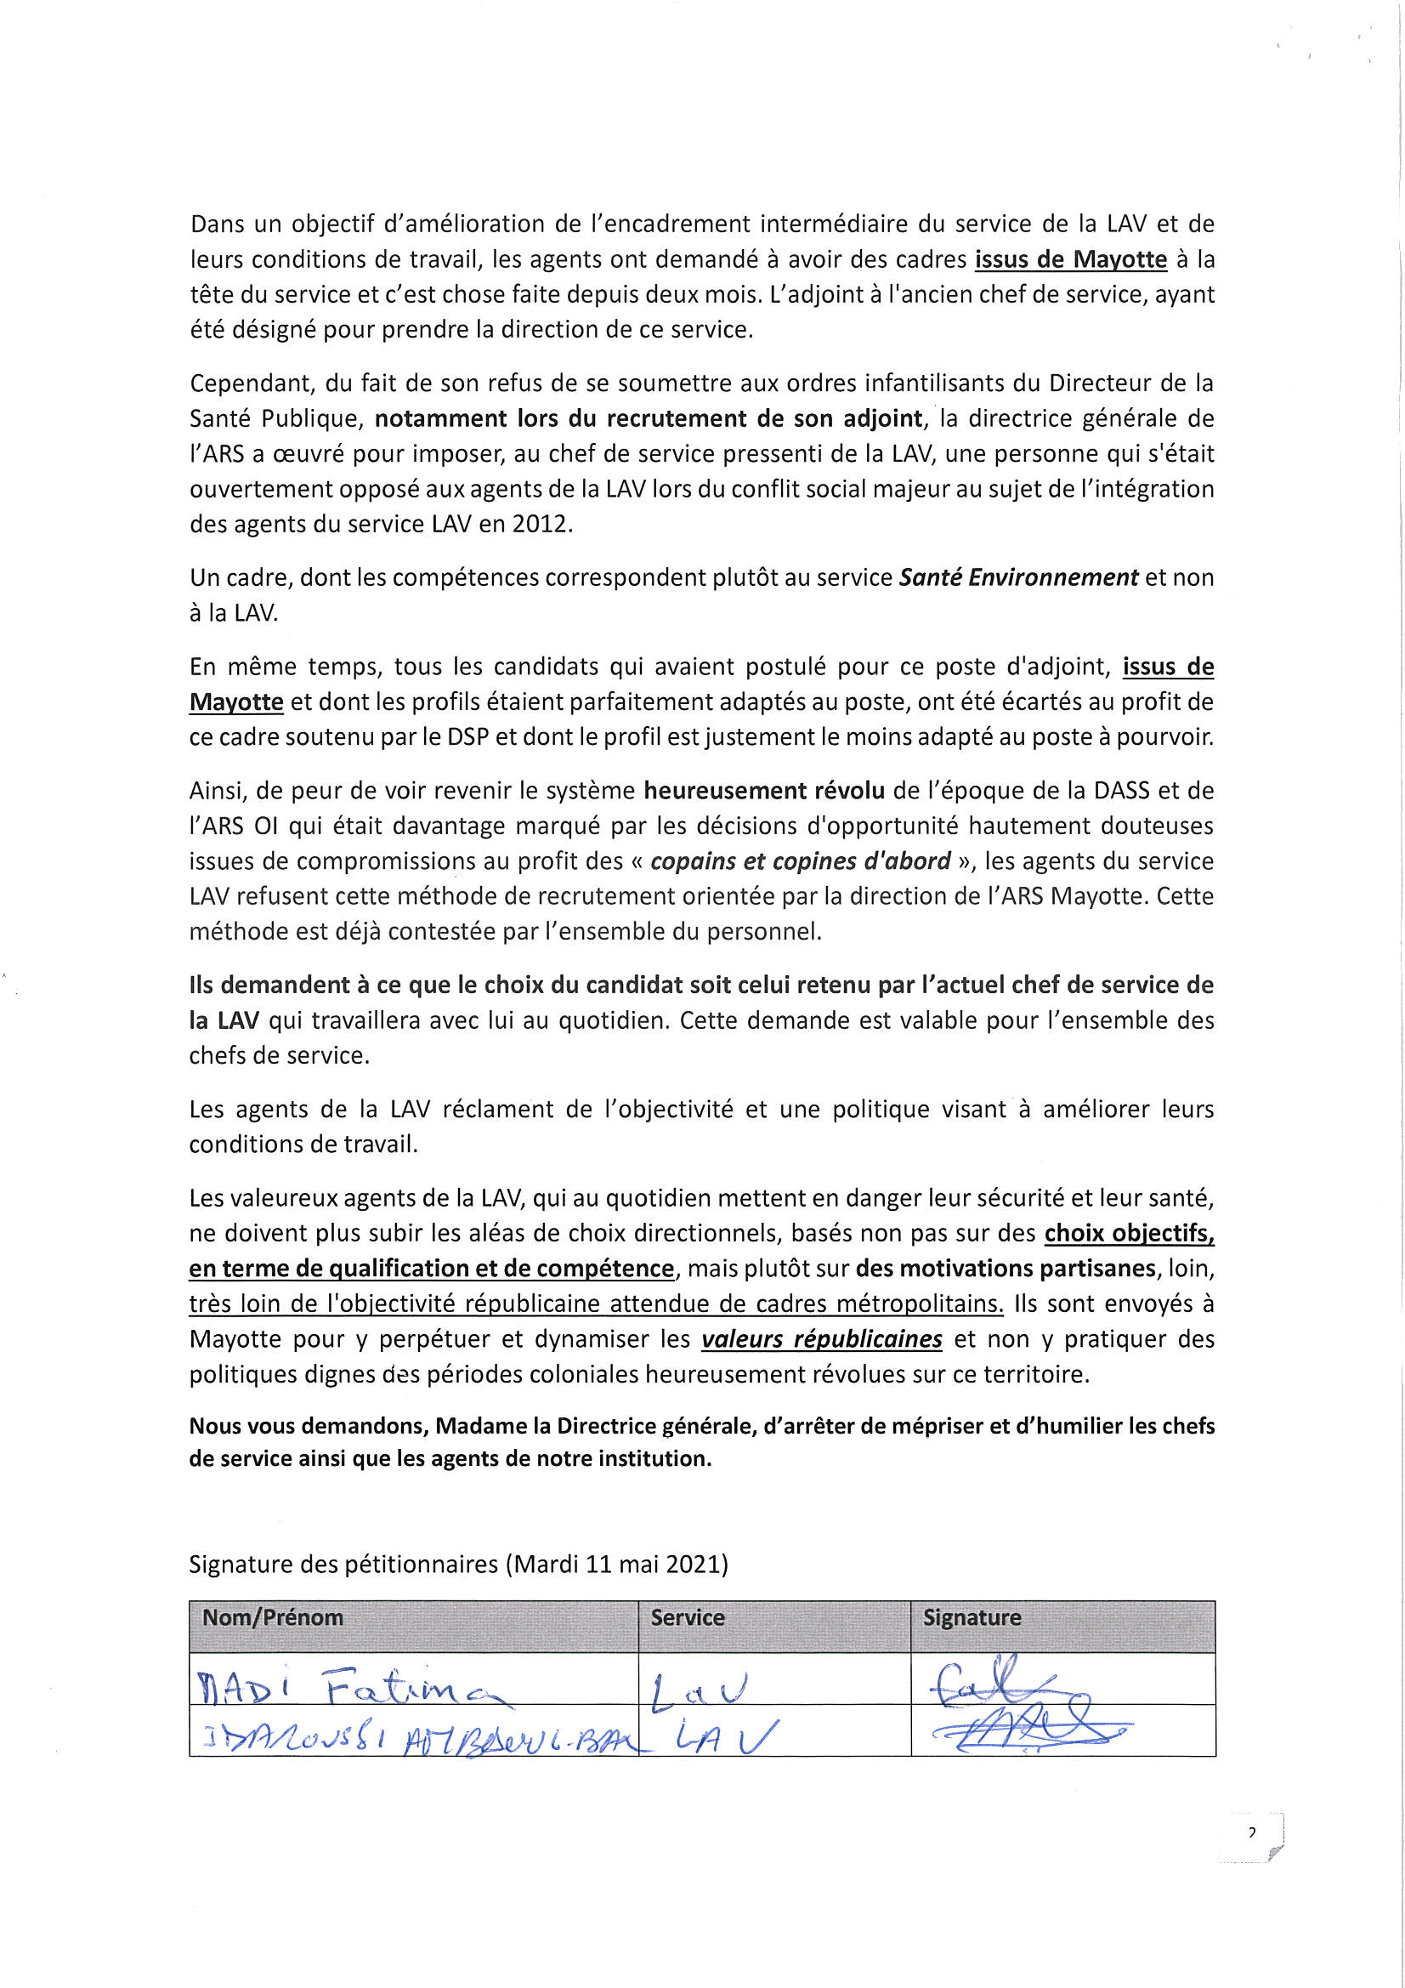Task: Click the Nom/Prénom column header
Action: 273,1617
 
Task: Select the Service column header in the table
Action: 688,1617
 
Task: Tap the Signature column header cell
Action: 972,1617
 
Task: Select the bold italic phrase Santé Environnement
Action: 1018,577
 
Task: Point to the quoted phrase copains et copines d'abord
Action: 800,861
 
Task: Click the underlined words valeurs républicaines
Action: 822,1339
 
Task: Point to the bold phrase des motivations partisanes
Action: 1006,1269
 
